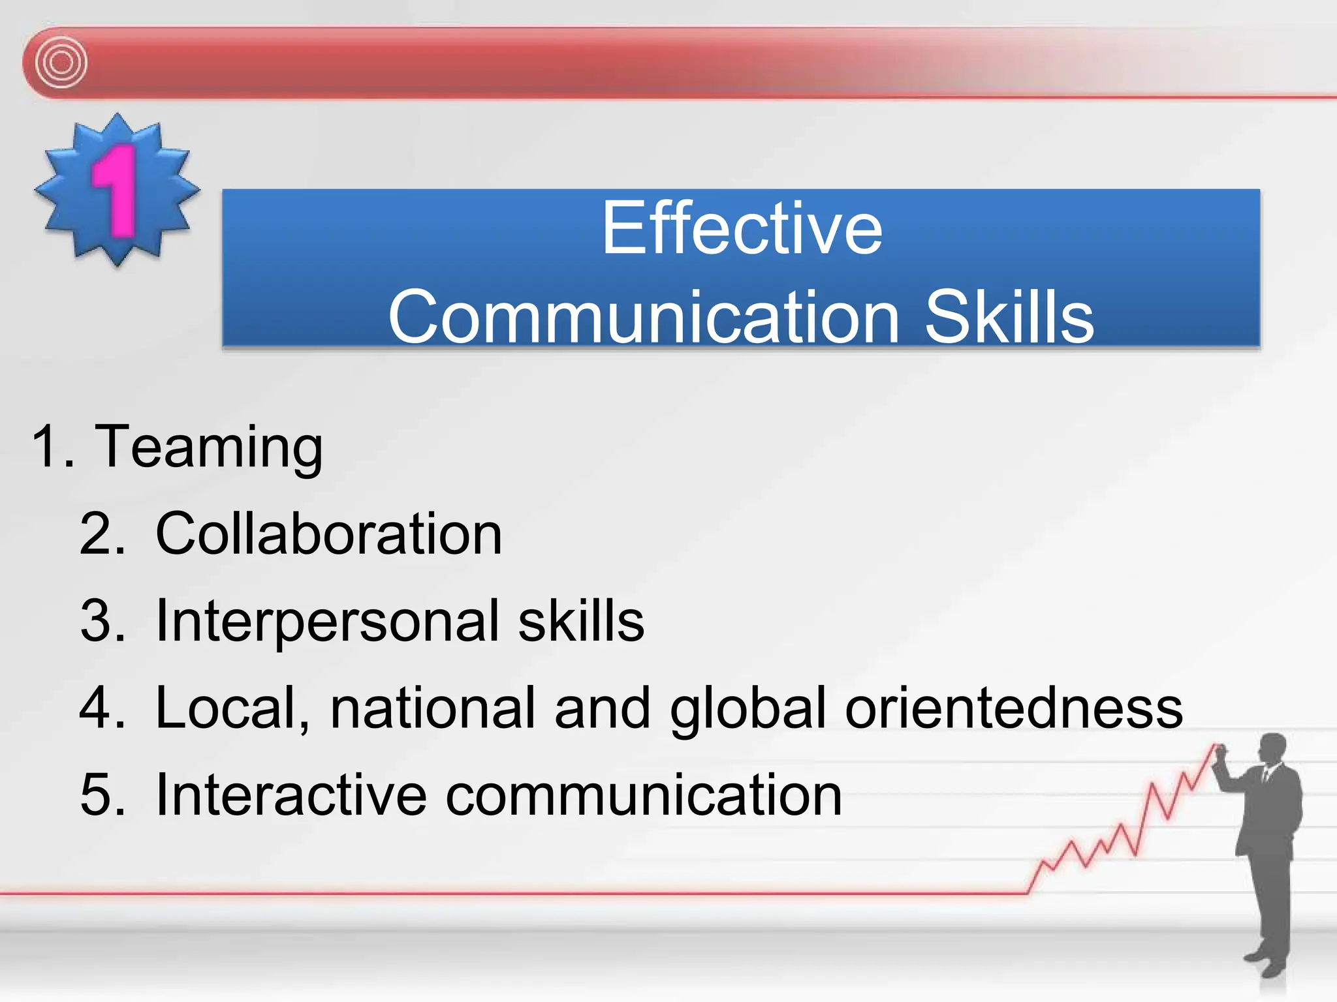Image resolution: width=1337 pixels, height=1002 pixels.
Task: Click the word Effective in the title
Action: tap(742, 228)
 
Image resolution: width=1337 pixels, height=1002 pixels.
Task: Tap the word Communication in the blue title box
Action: tap(642, 317)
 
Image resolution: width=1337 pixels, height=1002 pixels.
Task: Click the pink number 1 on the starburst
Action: tap(116, 190)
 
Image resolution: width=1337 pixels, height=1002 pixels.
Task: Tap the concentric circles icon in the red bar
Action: tap(61, 63)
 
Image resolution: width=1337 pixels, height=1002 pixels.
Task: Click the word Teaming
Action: tap(209, 448)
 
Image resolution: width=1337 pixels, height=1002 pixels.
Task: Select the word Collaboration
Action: tap(328, 534)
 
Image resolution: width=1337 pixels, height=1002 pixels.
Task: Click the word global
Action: tap(748, 710)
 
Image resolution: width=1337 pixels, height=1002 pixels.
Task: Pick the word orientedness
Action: tap(1013, 708)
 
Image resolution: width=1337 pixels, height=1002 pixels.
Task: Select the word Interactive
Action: tap(291, 795)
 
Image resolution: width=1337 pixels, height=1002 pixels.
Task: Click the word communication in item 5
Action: tap(643, 795)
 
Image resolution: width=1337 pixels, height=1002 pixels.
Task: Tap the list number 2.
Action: tap(101, 534)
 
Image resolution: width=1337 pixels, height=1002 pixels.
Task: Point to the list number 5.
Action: tap(101, 795)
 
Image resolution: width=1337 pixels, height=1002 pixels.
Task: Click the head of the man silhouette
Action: tap(1272, 749)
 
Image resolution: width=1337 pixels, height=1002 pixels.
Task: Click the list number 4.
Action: tap(101, 708)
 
